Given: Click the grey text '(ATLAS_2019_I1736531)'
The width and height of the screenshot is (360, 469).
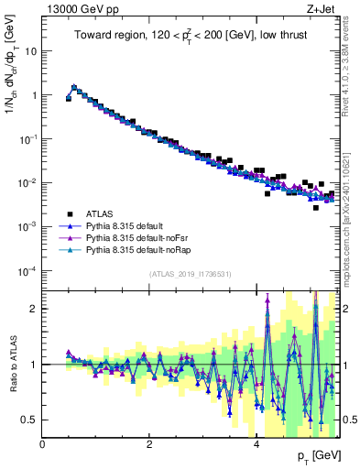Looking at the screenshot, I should pyautogui.click(x=191, y=274).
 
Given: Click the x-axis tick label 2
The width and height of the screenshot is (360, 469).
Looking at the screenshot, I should pyautogui.click(x=149, y=444).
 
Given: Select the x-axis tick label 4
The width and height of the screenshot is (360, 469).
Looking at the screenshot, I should pyautogui.click(x=256, y=444).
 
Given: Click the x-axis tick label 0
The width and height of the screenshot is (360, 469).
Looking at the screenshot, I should pyautogui.click(x=42, y=444).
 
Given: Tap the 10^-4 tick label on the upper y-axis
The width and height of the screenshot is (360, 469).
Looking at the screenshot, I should pyautogui.click(x=27, y=270).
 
